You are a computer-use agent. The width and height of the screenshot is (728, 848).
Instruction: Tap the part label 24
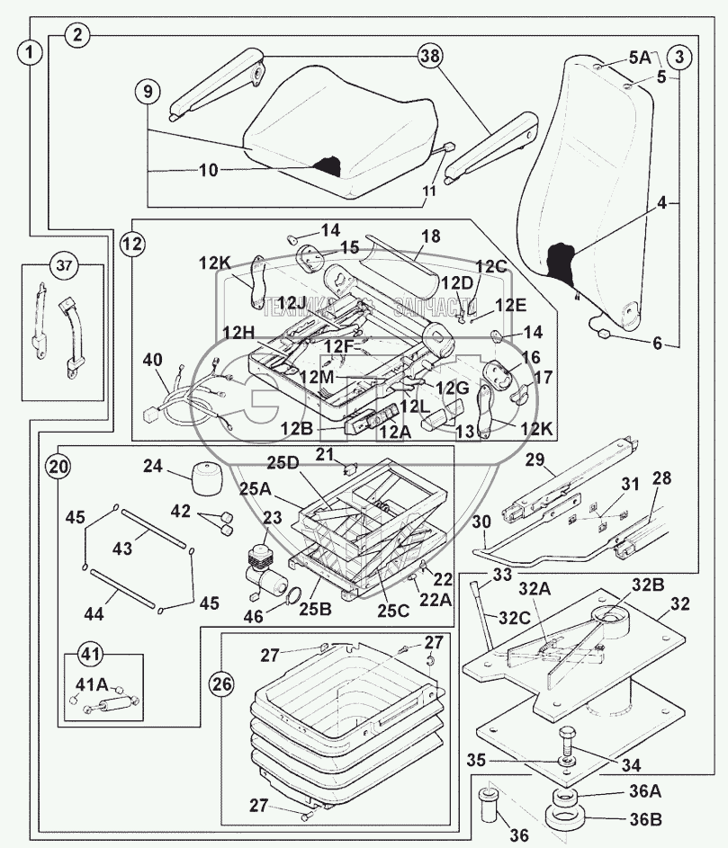tap(153, 466)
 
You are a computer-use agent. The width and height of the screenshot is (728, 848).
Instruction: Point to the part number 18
tap(430, 237)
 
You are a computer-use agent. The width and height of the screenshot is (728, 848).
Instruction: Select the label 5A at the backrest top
tap(639, 57)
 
